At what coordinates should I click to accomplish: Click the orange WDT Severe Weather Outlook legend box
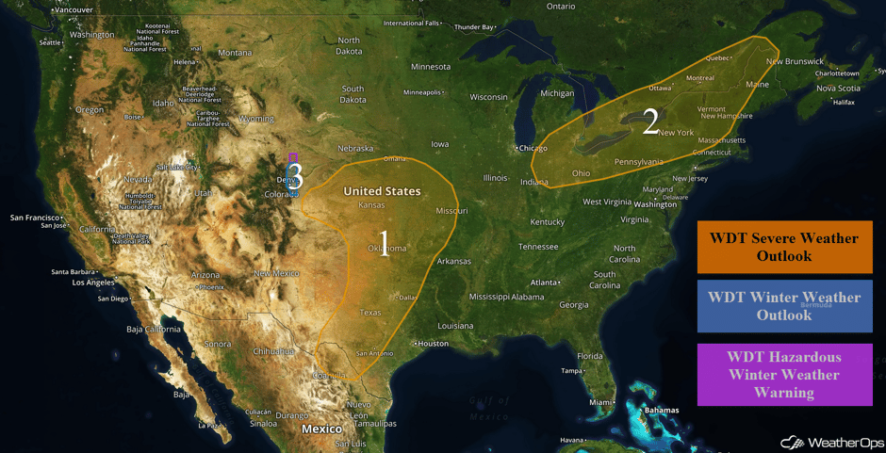[784, 247]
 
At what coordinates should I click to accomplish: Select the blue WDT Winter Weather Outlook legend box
[784, 306]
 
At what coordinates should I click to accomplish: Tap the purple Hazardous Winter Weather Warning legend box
[784, 375]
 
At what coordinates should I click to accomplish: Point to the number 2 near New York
[649, 121]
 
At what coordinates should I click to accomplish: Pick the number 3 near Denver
[295, 175]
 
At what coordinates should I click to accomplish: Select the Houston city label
[434, 343]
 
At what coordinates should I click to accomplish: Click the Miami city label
[599, 402]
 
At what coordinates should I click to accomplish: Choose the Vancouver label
[73, 9]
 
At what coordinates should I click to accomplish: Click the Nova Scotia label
[838, 89]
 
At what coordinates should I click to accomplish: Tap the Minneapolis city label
[421, 92]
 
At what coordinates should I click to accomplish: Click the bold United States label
[382, 191]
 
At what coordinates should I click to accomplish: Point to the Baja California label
[153, 330]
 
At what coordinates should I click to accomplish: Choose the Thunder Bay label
[474, 27]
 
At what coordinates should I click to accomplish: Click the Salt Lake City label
[178, 167]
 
